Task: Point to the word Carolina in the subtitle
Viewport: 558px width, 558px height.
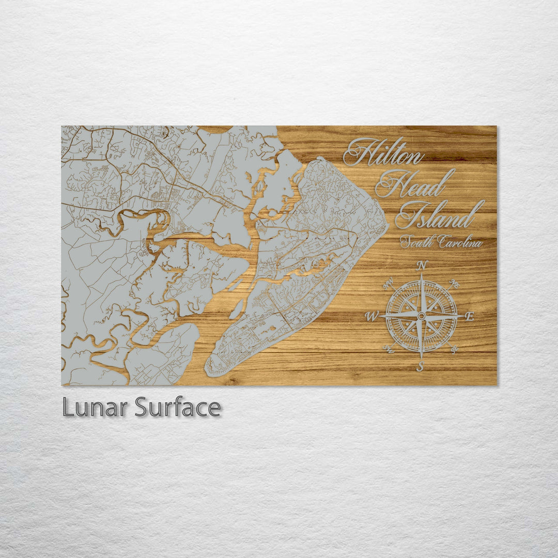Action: pyautogui.click(x=459, y=242)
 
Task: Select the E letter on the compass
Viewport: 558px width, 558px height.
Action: pyautogui.click(x=469, y=317)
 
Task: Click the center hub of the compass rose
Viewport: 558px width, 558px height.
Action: pyautogui.click(x=422, y=316)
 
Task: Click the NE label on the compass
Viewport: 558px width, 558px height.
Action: pyautogui.click(x=455, y=283)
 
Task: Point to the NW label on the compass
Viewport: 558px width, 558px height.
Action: pyautogui.click(x=389, y=283)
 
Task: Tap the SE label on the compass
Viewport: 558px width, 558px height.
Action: pyautogui.click(x=454, y=349)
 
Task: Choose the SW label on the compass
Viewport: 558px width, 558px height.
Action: pyautogui.click(x=390, y=350)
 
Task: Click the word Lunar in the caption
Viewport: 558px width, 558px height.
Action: pyautogui.click(x=95, y=408)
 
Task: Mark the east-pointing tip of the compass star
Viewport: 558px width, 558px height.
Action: pyautogui.click(x=463, y=316)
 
